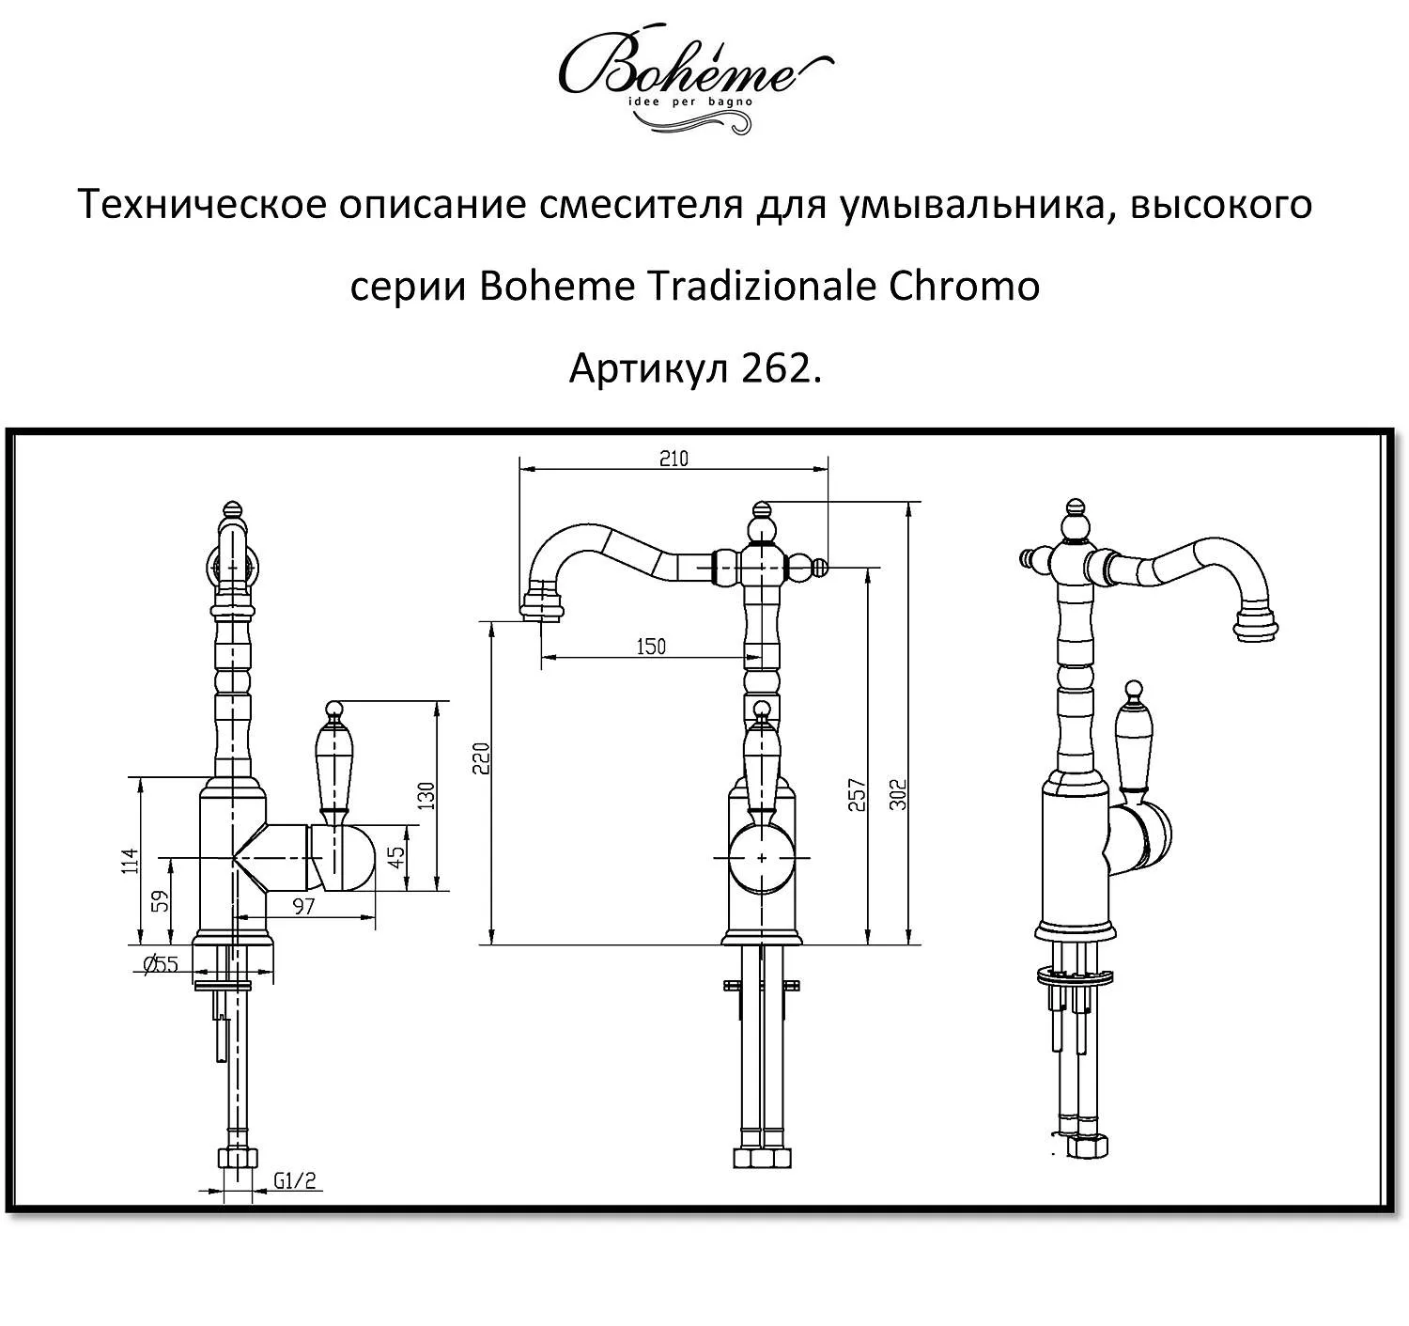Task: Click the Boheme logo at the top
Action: (x=695, y=75)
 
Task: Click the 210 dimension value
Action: (x=674, y=459)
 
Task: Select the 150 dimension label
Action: (x=650, y=647)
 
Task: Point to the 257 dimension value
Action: (x=856, y=795)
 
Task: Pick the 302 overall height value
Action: (x=897, y=795)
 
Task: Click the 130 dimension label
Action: (x=427, y=796)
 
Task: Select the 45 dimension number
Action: (x=396, y=857)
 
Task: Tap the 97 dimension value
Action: (x=303, y=906)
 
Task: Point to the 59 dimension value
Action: (x=161, y=902)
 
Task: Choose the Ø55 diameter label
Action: (x=162, y=963)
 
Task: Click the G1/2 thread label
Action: (x=294, y=1180)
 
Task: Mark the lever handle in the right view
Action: (x=1135, y=742)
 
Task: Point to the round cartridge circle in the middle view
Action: (x=761, y=858)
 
